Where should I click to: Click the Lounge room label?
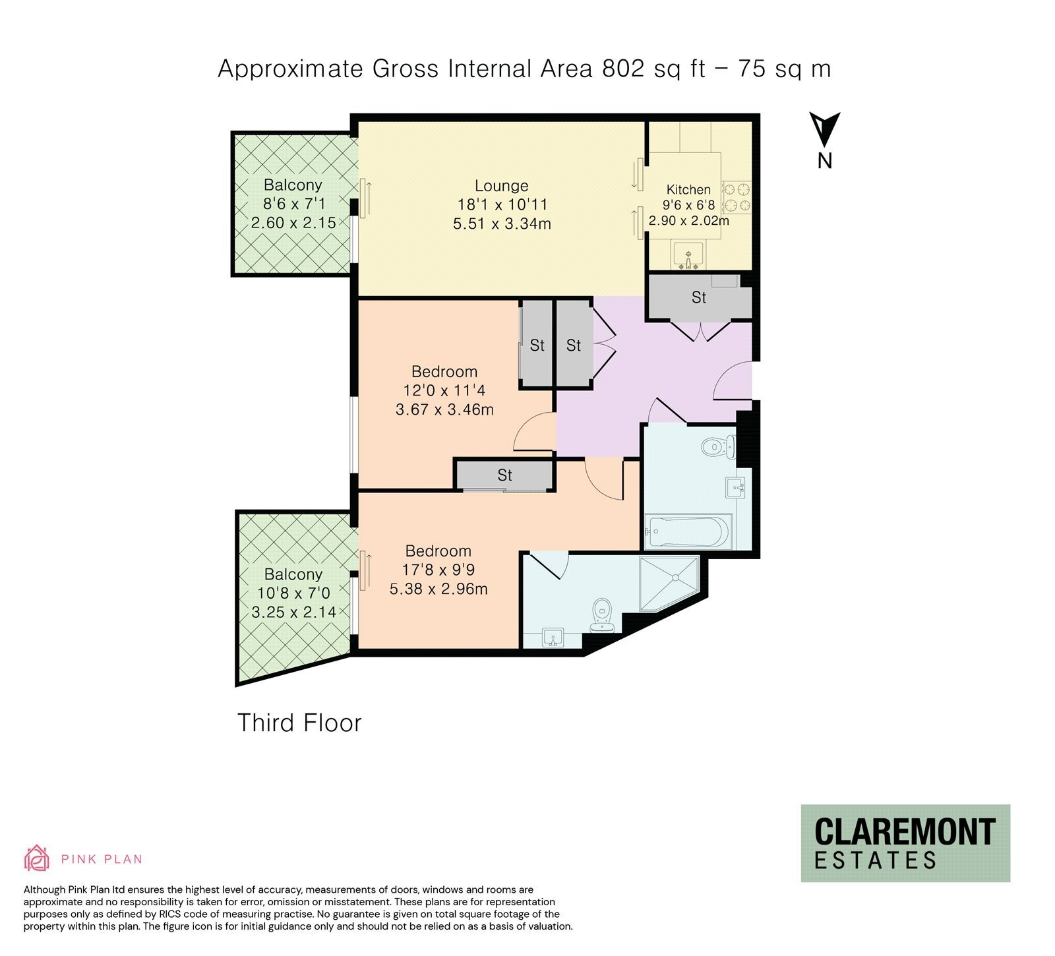click(x=502, y=186)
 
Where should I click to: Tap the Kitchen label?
click(x=688, y=190)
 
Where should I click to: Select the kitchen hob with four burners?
click(x=737, y=197)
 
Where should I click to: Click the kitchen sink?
click(x=688, y=256)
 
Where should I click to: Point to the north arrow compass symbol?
click(x=824, y=130)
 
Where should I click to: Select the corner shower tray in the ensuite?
click(x=669, y=583)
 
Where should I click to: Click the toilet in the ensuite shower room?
click(x=603, y=614)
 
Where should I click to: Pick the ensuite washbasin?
click(x=553, y=638)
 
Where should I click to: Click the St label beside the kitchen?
click(x=699, y=298)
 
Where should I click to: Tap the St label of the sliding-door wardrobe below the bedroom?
click(x=505, y=475)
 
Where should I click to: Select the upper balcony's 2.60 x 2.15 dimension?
click(x=293, y=223)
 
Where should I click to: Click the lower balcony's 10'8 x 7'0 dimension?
click(x=293, y=593)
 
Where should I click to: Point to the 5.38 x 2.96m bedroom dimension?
click(x=438, y=589)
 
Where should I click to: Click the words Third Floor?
click(x=299, y=723)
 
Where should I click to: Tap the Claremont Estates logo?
click(x=905, y=843)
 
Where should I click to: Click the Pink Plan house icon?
click(x=37, y=858)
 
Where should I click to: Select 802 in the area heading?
click(x=623, y=69)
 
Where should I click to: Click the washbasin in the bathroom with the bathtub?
click(x=736, y=487)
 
